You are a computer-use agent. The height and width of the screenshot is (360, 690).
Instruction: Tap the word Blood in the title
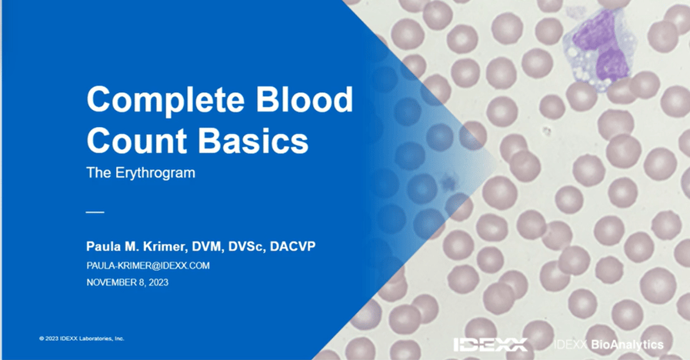(x=304, y=98)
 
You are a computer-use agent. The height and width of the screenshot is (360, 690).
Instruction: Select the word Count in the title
(x=136, y=141)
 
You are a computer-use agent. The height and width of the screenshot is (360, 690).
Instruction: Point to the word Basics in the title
(x=253, y=141)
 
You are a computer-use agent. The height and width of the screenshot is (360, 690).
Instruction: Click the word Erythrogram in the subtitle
(x=155, y=173)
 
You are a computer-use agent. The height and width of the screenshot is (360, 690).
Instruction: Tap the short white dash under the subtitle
(x=95, y=212)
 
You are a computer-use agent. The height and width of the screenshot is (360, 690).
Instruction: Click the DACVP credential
(x=292, y=246)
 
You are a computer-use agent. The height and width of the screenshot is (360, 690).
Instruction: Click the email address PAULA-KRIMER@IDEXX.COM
(x=148, y=266)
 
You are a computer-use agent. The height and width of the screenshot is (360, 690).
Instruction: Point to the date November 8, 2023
(x=127, y=282)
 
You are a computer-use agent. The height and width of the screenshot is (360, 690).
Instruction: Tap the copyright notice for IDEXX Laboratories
(x=82, y=338)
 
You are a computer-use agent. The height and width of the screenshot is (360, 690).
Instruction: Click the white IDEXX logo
(x=490, y=344)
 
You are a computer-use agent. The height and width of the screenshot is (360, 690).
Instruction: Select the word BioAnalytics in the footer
(x=627, y=344)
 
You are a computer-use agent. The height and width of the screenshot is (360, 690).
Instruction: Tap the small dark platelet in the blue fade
(x=449, y=181)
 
